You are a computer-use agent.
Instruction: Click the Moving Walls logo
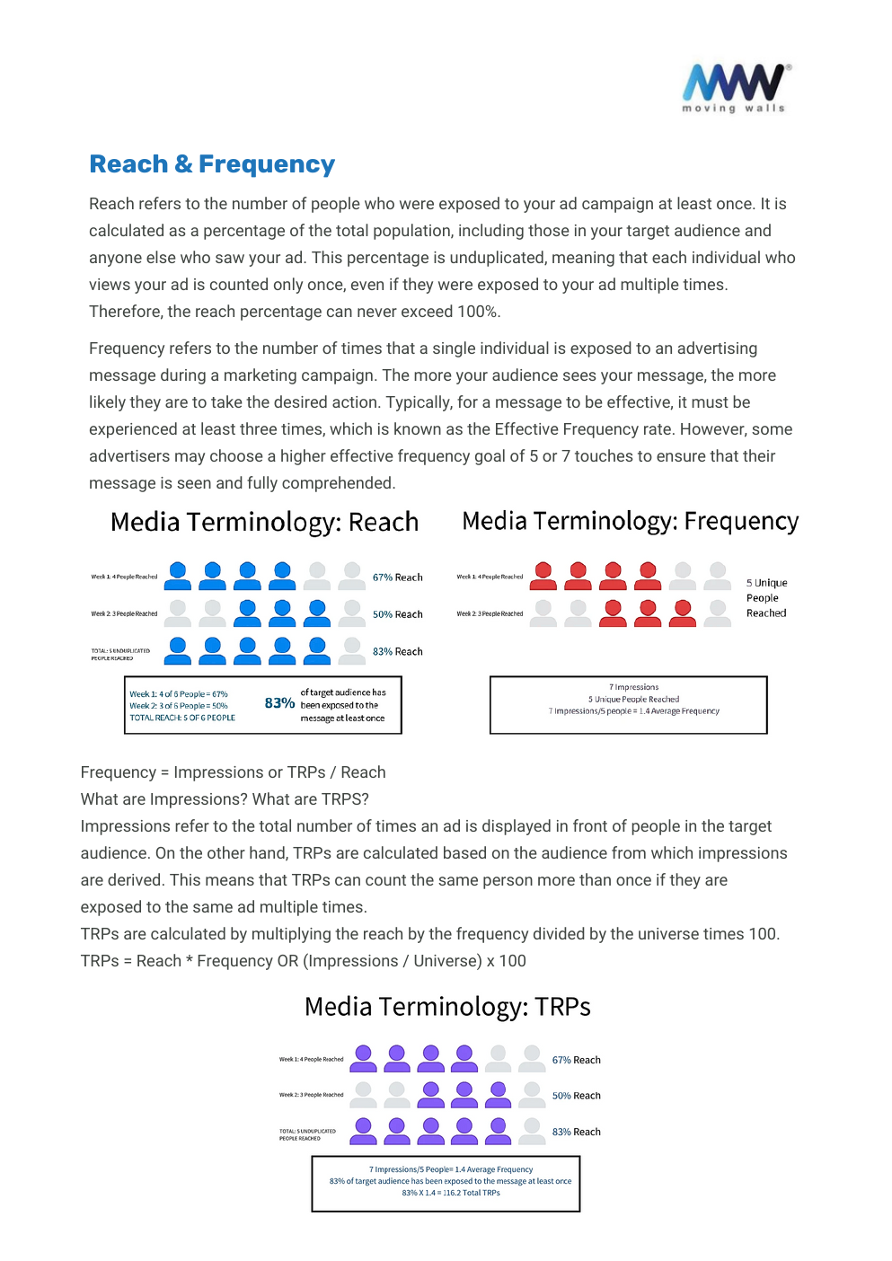[x=735, y=87]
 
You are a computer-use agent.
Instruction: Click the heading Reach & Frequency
[x=212, y=164]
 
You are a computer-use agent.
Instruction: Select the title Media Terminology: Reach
[x=264, y=522]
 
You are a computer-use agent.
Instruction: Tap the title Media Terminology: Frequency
[x=630, y=521]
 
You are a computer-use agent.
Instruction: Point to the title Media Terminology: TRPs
[x=447, y=1007]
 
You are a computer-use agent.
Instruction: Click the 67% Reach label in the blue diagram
[x=397, y=578]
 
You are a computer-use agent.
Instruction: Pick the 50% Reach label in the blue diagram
[x=397, y=614]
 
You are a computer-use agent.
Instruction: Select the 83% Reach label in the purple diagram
[x=576, y=1132]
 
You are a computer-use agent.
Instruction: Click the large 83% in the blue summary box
[x=279, y=703]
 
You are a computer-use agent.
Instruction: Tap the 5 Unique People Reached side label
[x=766, y=598]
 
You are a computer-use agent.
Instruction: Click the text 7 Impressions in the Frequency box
[x=633, y=687]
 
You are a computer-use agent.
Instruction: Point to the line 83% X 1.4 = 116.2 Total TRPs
[x=450, y=1193]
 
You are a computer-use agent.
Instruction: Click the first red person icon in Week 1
[x=543, y=576]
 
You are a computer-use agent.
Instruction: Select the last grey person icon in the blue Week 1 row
[x=352, y=576]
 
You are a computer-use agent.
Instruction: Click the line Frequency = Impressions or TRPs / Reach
[x=233, y=772]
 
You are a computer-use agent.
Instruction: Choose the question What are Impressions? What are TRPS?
[x=225, y=799]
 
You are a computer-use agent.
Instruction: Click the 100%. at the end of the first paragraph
[x=479, y=312]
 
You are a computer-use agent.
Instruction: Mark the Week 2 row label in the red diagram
[x=490, y=613]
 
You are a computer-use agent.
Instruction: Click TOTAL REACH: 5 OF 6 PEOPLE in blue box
[x=182, y=718]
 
